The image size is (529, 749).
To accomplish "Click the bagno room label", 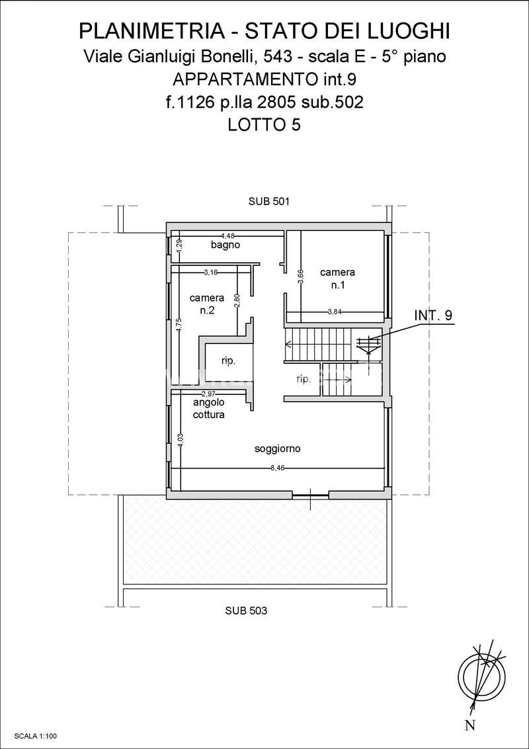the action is pyautogui.click(x=225, y=245).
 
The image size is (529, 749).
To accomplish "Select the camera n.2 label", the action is pyautogui.click(x=207, y=303).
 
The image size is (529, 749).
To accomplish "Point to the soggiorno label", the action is pyautogui.click(x=277, y=449).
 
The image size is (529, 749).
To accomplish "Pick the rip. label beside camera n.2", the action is pyautogui.click(x=228, y=362).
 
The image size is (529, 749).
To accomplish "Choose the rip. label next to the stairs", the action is pyautogui.click(x=304, y=379).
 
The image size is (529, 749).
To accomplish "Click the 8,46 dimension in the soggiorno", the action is pyautogui.click(x=277, y=468).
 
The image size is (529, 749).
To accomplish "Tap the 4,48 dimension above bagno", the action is pyautogui.click(x=227, y=234).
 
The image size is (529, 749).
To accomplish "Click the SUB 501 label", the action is pyautogui.click(x=268, y=202).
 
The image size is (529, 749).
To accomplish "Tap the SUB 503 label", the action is pyautogui.click(x=247, y=610).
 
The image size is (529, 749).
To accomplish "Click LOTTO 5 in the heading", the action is pyautogui.click(x=264, y=124).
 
